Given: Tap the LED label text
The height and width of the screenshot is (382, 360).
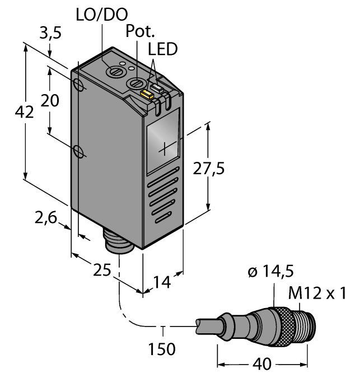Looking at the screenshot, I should [162, 49].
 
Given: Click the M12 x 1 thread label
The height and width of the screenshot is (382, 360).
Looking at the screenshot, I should [323, 292].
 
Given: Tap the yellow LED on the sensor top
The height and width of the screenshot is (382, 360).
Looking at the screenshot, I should [147, 94].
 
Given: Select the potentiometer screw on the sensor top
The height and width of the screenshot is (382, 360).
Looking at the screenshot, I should [136, 83].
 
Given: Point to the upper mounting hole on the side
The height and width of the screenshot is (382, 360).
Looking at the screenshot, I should [80, 85].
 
